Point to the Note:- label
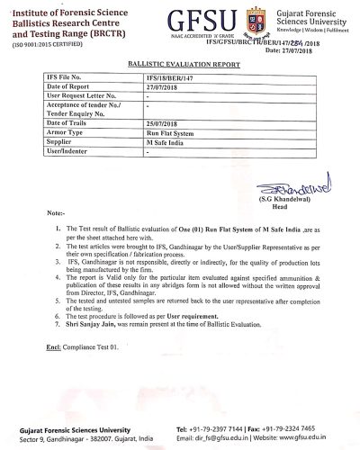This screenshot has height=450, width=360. click(56, 213)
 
